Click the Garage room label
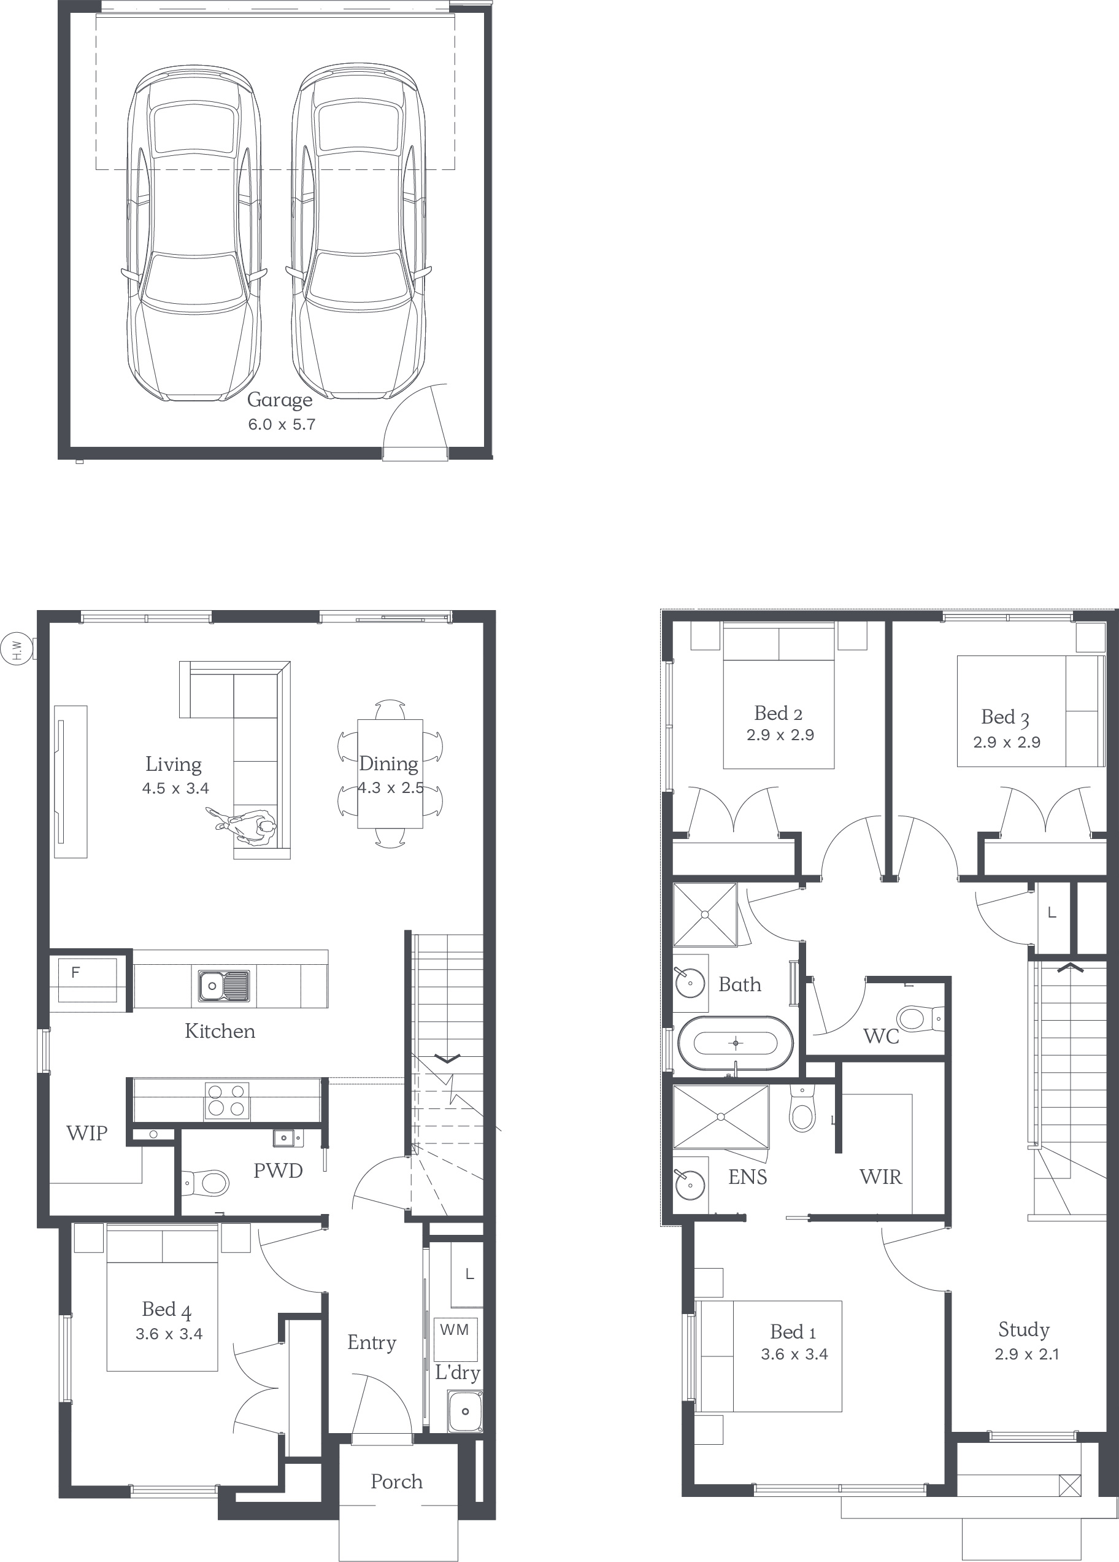(280, 400)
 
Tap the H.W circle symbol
(18, 649)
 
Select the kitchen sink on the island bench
(225, 986)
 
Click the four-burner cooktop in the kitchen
(226, 1100)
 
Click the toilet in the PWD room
(206, 1184)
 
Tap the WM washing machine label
(455, 1329)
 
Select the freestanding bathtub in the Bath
(736, 1043)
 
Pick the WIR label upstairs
(881, 1177)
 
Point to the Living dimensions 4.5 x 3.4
(175, 788)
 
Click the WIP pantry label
(87, 1133)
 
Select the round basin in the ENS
(690, 1185)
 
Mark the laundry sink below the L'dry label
(466, 1410)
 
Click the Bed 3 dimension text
(1007, 743)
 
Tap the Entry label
(372, 1342)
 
